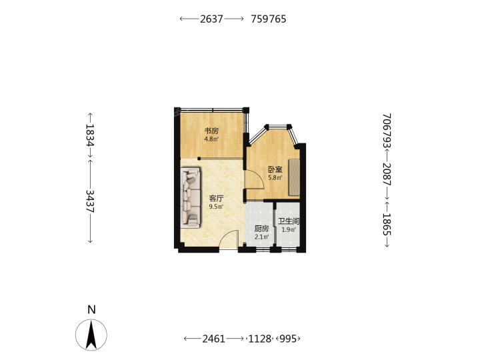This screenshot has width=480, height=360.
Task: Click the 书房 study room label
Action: [x=211, y=131]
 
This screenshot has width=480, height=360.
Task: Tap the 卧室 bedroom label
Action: [x=275, y=169]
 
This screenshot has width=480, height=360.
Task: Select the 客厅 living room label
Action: [x=216, y=199]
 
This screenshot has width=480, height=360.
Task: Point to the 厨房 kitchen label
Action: [x=262, y=229]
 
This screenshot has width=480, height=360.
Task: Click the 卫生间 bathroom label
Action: [x=289, y=221]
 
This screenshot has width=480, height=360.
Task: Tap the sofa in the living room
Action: [x=191, y=197]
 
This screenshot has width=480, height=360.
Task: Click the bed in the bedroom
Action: [x=294, y=177]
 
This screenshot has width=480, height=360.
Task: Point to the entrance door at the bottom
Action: [x=229, y=239]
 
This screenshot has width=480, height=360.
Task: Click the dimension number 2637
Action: [x=211, y=19]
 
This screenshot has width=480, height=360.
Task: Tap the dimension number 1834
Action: [x=90, y=135]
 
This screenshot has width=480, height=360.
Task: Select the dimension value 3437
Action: [x=90, y=201]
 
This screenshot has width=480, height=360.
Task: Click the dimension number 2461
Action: [x=214, y=339]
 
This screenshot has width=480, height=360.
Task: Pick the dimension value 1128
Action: [x=260, y=339]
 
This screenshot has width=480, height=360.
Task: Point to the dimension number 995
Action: [x=289, y=339]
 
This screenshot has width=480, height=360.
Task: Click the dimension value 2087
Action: [x=387, y=174]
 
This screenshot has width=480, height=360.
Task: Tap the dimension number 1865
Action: [x=387, y=225]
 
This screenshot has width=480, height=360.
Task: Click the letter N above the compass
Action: [x=91, y=310]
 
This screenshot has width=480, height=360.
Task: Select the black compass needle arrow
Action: [x=91, y=335]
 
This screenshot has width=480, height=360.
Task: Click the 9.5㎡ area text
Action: [x=216, y=207]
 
